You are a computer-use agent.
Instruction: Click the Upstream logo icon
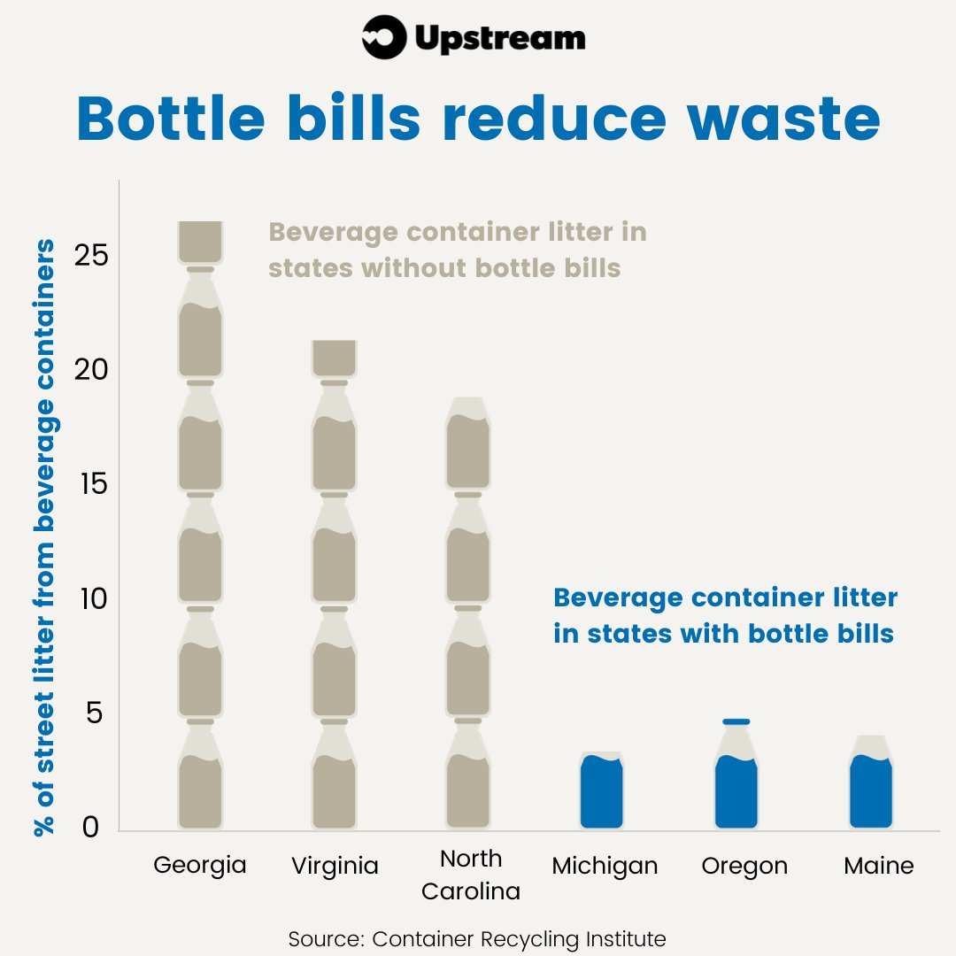click(383, 39)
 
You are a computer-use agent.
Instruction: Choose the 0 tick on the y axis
click(93, 828)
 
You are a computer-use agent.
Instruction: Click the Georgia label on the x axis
click(200, 865)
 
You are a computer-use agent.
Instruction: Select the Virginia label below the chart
click(335, 866)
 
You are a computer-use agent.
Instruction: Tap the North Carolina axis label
click(470, 875)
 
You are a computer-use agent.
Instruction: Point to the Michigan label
click(605, 866)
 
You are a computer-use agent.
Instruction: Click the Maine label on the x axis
click(878, 865)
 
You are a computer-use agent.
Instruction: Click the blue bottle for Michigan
click(602, 792)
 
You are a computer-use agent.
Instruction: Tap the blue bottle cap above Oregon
click(736, 721)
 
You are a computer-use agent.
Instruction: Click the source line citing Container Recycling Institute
click(477, 938)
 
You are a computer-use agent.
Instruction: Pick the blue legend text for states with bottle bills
click(725, 616)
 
